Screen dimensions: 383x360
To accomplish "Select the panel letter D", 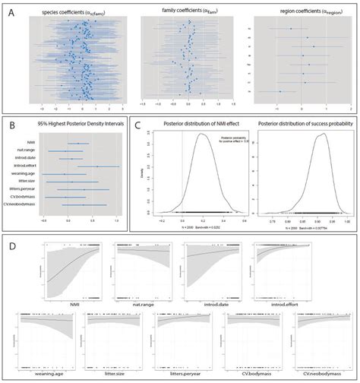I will coord(11,247).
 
